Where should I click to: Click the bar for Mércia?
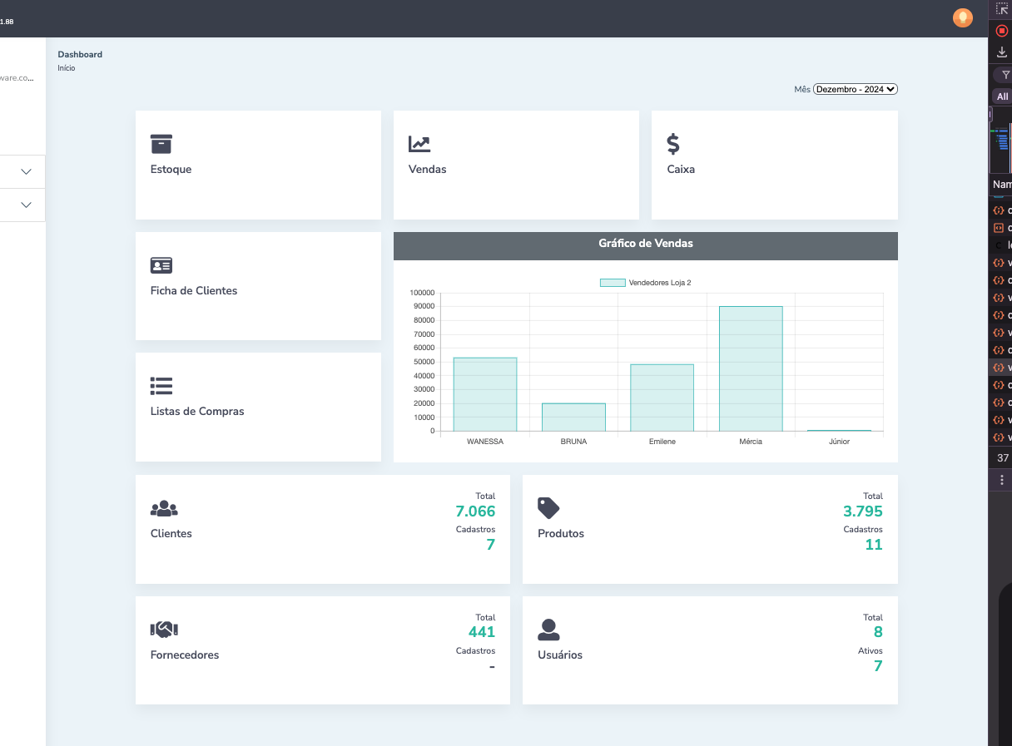[x=751, y=368]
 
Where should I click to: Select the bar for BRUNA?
[x=573, y=417]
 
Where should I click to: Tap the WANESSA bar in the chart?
[x=485, y=394]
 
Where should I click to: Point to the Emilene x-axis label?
[x=662, y=442]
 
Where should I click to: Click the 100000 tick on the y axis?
[x=422, y=293]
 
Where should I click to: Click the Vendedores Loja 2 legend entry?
[x=646, y=283]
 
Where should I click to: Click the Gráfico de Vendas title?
[x=645, y=244]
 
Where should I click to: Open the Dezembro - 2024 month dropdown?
[x=856, y=89]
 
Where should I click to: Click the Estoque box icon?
[x=161, y=144]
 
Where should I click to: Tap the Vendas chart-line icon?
[x=419, y=144]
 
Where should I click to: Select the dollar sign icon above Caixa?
[x=673, y=144]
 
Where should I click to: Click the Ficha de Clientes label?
[x=194, y=291]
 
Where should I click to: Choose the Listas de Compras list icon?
[x=161, y=386]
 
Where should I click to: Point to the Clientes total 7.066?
[x=475, y=511]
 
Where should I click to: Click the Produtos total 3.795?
[x=862, y=511]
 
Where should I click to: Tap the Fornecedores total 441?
[x=482, y=632]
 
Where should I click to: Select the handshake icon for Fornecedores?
[x=164, y=630]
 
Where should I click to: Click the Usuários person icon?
[x=548, y=630]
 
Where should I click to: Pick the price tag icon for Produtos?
[x=548, y=507]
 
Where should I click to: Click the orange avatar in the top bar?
[x=962, y=17]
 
